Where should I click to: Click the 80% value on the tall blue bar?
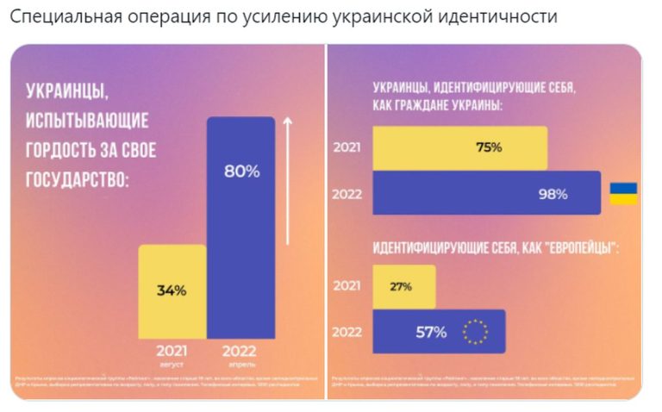[x=241, y=172]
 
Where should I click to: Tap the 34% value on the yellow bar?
[x=172, y=290]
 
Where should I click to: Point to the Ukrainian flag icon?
[x=623, y=193]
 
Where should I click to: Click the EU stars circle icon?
[x=475, y=331]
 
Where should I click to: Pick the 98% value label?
[x=553, y=194]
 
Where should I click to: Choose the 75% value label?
[x=489, y=147]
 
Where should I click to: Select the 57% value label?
[x=431, y=332]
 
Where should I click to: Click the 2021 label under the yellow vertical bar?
[x=172, y=351]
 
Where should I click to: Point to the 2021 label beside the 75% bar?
[x=347, y=147]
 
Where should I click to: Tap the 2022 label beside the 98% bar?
[x=347, y=194]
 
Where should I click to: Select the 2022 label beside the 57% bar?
[x=347, y=332]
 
